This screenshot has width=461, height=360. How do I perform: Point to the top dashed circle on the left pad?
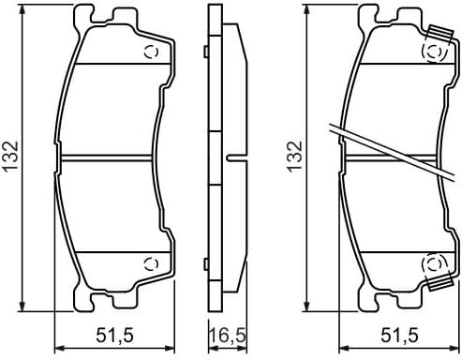click(150, 52)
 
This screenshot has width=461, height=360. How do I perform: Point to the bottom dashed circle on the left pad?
click(150, 262)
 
